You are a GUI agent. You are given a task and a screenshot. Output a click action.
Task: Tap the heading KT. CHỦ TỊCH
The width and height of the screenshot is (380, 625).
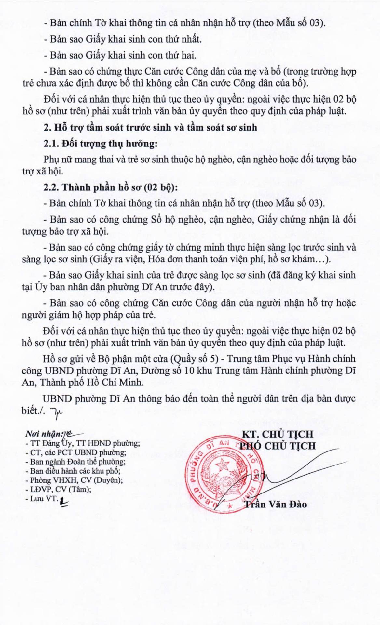tap(278, 434)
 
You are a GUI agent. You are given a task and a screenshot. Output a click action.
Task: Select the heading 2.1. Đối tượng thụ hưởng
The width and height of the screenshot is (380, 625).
tap(101, 144)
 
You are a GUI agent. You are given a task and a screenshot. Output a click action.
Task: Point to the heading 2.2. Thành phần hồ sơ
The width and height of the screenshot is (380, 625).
tap(111, 187)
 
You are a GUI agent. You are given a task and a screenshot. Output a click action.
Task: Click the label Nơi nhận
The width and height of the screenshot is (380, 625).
tap(44, 434)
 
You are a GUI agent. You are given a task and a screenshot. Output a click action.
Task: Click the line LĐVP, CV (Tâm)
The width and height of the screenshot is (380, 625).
tap(58, 489)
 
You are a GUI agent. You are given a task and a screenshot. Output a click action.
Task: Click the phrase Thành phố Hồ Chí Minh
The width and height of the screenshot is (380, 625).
tap(92, 382)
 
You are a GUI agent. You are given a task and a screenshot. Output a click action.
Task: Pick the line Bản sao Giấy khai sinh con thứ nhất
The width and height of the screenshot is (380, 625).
tap(123, 39)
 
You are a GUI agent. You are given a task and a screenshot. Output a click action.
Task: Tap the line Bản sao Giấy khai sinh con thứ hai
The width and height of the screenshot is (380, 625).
tap(120, 55)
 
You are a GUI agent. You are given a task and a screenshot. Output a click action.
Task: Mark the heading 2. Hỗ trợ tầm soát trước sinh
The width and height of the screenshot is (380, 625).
tap(150, 127)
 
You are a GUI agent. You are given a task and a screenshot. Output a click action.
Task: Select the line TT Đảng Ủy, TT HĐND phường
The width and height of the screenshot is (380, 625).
tap(83, 443)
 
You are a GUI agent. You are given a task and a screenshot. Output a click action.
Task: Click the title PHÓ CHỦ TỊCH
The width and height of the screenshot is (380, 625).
tap(278, 446)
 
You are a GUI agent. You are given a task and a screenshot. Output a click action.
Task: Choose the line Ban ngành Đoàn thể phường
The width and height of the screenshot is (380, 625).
tap(75, 462)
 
